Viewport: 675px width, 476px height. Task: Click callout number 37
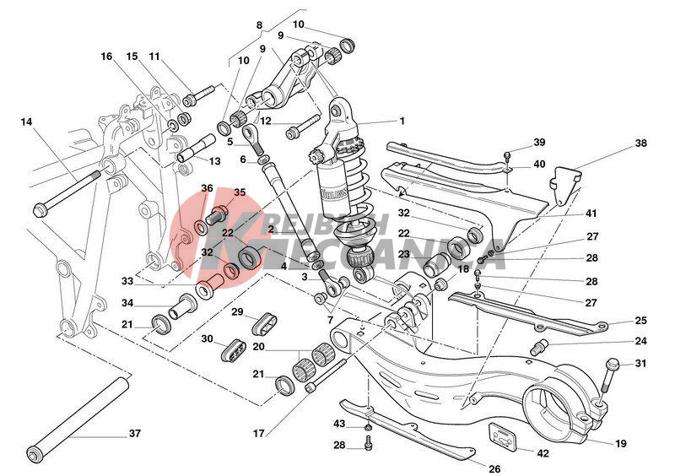[135, 435]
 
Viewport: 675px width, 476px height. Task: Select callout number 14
[27, 122]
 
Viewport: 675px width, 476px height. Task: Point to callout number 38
[641, 143]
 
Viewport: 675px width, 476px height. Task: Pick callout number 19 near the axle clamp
[621, 443]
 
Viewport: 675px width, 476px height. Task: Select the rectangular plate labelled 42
[503, 438]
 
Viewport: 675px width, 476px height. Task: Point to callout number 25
[641, 321]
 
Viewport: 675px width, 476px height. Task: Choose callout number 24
[641, 341]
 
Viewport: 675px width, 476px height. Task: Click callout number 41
[591, 214]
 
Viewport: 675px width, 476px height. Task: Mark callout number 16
[106, 57]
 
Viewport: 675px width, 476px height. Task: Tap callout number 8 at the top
[259, 26]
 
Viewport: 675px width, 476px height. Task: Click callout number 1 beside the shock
[402, 121]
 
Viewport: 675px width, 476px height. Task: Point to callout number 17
[258, 435]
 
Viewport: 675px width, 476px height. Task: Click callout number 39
[539, 142]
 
